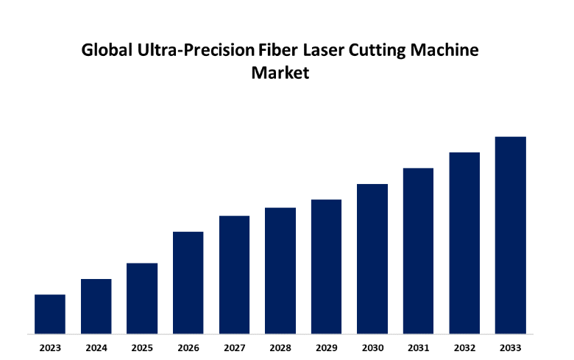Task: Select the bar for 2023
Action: pos(50,314)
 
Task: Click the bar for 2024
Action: pos(96,306)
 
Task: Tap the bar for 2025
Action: pos(142,298)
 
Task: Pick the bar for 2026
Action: pos(188,282)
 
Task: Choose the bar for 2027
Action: pos(234,274)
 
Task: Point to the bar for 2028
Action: pos(280,270)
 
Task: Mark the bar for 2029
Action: pos(326,266)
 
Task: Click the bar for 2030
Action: pos(372,258)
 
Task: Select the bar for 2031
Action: pos(418,250)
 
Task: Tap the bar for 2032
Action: pos(464,242)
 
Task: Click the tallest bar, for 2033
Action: pos(510,235)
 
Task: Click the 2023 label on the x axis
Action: pos(50,347)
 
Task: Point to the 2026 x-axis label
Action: pos(188,347)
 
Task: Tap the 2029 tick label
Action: pos(326,347)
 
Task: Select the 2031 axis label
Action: pos(418,347)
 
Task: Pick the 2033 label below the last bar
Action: pos(510,347)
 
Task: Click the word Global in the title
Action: pos(104,52)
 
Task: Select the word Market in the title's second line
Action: pos(280,74)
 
